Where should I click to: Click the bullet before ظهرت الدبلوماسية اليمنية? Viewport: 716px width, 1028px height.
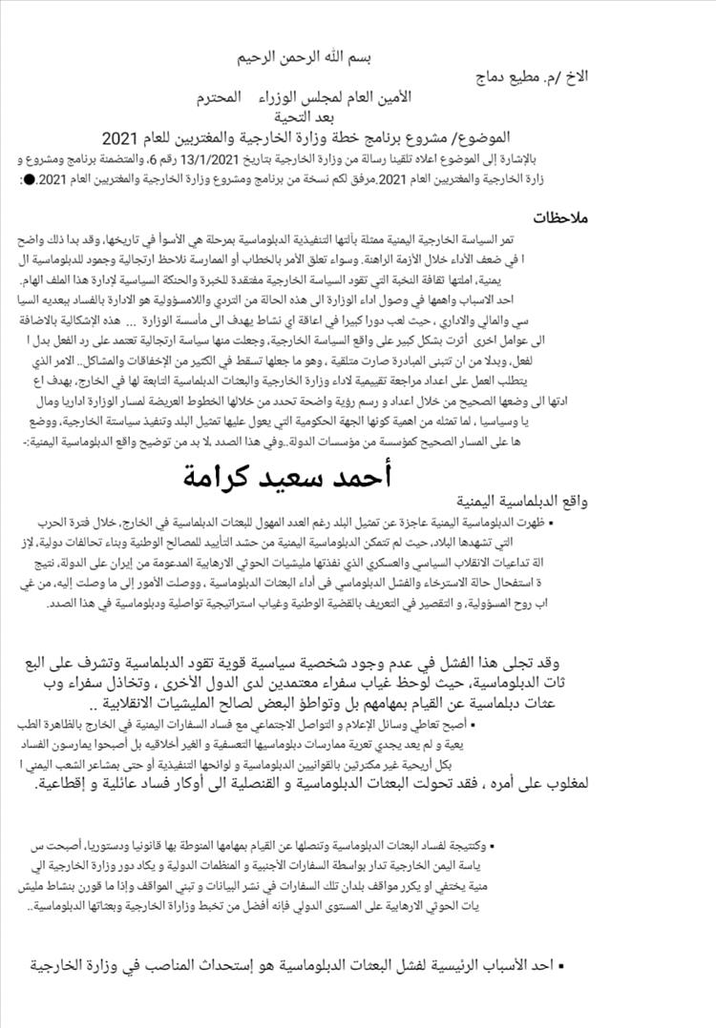pos(553,523)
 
